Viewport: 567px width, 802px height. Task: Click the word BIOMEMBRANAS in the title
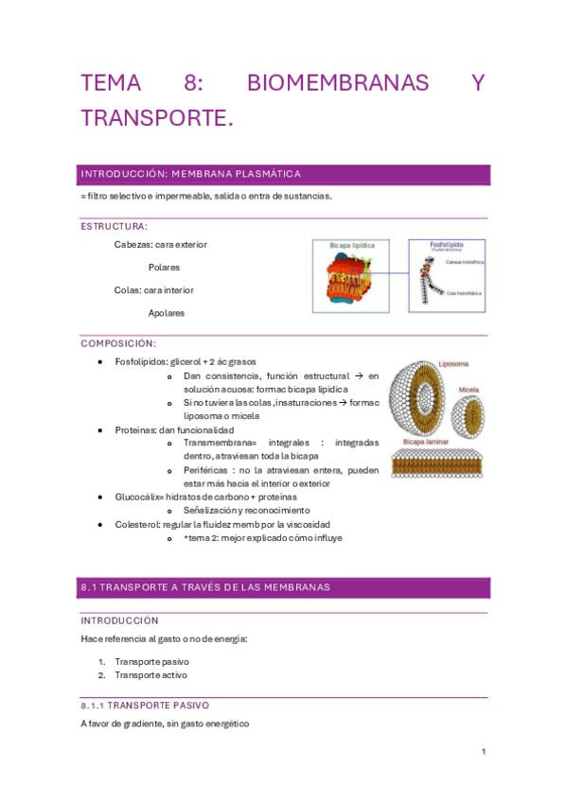337,84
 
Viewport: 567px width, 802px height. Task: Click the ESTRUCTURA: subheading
114,227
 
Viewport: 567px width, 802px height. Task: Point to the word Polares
164,268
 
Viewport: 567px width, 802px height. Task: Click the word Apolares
166,313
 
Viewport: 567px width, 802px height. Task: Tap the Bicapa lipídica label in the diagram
352,245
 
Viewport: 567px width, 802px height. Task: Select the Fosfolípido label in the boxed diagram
446,244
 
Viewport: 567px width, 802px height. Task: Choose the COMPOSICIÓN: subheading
118,343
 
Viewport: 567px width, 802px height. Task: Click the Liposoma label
453,363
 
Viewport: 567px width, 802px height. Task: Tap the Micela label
468,389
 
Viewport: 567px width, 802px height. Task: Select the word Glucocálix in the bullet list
138,497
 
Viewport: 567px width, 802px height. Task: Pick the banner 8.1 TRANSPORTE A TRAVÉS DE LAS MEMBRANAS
205,587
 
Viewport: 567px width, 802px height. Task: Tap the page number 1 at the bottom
483,752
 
